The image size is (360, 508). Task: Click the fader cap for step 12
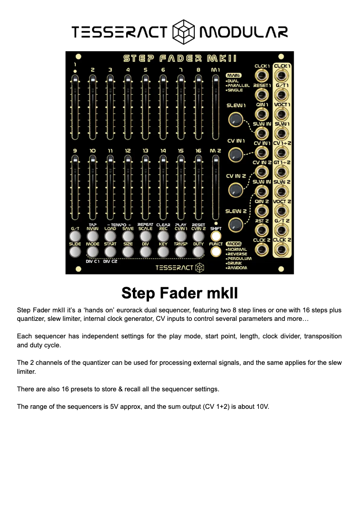click(128, 160)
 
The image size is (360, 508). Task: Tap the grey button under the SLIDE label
click(75, 252)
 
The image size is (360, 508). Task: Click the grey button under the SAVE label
click(128, 236)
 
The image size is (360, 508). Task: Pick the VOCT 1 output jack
click(281, 114)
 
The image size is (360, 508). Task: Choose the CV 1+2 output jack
click(281, 153)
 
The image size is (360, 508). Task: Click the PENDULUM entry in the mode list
click(240, 258)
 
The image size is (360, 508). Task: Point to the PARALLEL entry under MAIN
click(239, 85)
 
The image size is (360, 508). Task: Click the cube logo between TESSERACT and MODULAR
click(183, 32)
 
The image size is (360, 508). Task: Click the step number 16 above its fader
click(198, 151)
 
